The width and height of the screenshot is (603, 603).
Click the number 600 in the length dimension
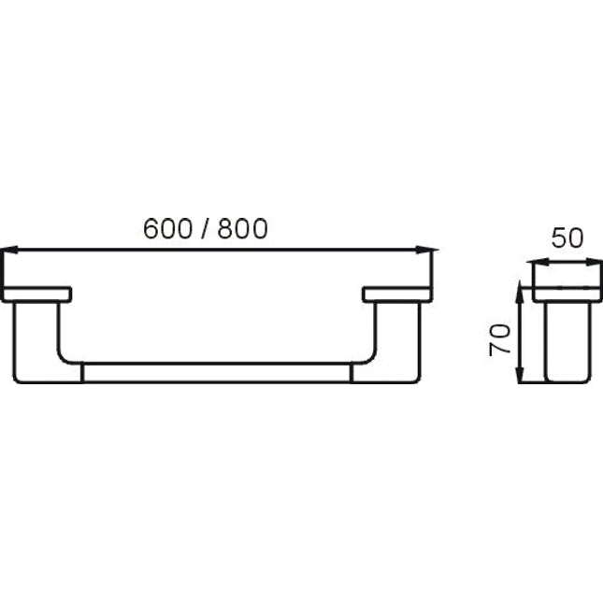(167, 228)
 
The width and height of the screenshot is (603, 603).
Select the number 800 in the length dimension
(243, 228)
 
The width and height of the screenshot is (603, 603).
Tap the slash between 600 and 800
(205, 228)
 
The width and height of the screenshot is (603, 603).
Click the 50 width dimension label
(567, 237)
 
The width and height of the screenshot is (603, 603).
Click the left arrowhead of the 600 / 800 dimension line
(9, 250)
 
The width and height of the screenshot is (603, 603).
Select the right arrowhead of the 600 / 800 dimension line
(427, 250)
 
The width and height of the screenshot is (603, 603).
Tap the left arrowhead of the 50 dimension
(538, 263)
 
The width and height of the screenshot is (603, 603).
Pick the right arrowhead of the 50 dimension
(594, 263)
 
